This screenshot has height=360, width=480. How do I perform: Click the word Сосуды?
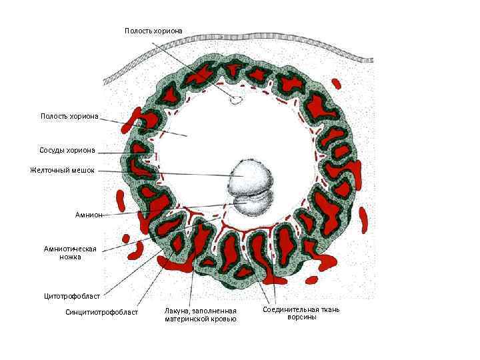[x=52, y=149]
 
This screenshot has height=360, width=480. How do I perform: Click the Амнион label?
[x=89, y=215]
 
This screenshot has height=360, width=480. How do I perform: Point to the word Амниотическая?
[x=70, y=249]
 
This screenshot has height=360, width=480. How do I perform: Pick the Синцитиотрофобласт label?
[x=101, y=311]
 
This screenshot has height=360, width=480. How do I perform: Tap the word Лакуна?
[x=179, y=311]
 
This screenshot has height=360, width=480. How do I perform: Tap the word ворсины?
[x=302, y=317]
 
